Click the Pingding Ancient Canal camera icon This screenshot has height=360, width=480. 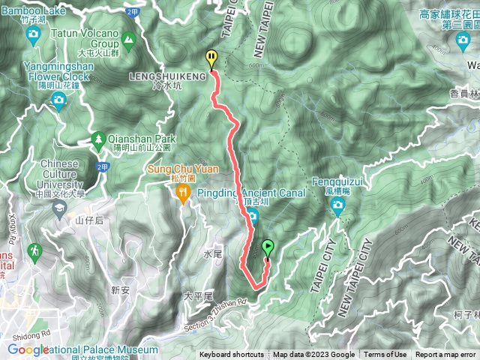pyautogui.click(x=253, y=217)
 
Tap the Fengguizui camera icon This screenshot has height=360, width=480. pyautogui.click(x=337, y=205)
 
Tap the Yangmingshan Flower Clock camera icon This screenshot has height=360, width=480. pyautogui.click(x=58, y=100)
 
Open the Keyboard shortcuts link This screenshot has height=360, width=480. pyautogui.click(x=231, y=355)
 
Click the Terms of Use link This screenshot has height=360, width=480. pyautogui.click(x=385, y=355)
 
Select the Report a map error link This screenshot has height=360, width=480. pyautogui.click(x=445, y=355)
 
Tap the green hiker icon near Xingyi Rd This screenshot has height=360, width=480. pyautogui.click(x=34, y=250)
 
